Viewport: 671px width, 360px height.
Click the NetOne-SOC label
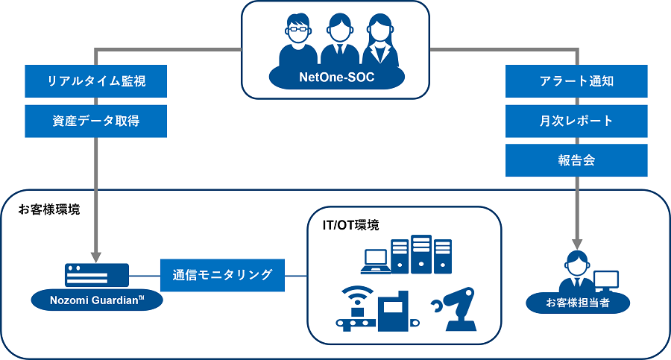point(336,77)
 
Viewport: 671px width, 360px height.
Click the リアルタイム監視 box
point(95,81)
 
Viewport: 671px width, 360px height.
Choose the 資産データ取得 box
point(95,121)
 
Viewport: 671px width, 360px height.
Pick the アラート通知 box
point(576,81)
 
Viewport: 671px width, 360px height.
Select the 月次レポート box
point(576,121)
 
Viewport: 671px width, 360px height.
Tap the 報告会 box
point(576,160)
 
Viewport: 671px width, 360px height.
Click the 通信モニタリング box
point(221,275)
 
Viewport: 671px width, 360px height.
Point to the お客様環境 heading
point(49,209)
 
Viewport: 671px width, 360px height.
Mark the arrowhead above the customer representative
point(576,243)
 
